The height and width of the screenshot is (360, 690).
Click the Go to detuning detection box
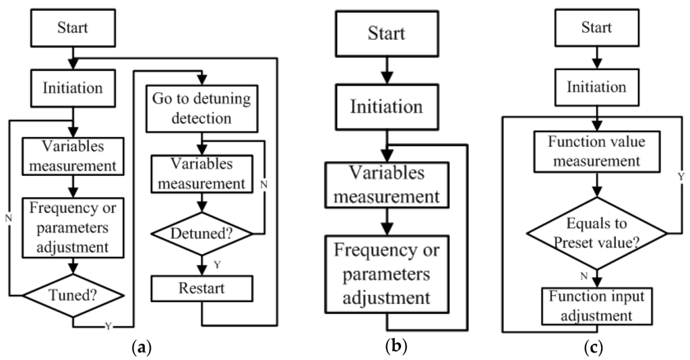[x=202, y=109]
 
